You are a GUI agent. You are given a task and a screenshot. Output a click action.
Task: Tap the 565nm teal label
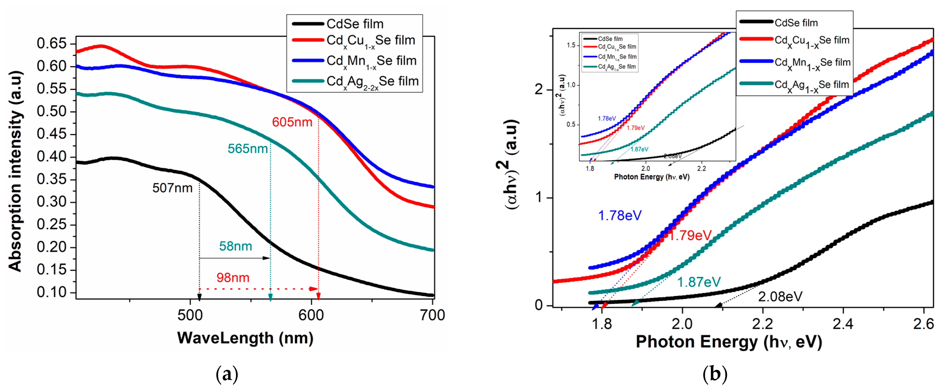(248, 149)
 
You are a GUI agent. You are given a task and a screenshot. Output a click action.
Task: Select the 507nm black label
(172, 188)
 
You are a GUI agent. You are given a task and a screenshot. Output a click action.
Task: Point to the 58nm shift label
(235, 246)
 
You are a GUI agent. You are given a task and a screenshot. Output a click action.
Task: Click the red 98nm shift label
(233, 278)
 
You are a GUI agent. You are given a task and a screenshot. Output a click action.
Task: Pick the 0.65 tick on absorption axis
(52, 43)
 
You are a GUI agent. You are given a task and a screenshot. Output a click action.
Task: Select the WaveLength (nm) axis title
(245, 338)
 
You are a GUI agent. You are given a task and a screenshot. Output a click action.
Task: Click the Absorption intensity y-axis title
(15, 172)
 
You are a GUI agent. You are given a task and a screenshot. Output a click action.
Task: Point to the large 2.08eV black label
(780, 297)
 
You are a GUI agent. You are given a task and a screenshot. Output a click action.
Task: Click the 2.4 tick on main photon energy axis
(843, 324)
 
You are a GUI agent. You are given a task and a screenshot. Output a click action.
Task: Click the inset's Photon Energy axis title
(651, 177)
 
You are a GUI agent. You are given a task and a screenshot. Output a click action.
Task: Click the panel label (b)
(715, 375)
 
